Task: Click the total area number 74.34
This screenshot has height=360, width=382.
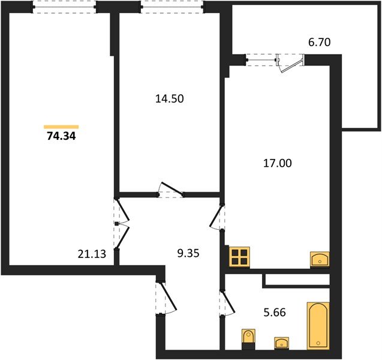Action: pyautogui.click(x=61, y=136)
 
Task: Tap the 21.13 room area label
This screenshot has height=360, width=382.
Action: pyautogui.click(x=92, y=254)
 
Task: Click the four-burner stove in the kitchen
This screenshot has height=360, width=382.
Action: pyautogui.click(x=240, y=257)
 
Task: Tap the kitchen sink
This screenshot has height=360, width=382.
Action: pyautogui.click(x=320, y=260)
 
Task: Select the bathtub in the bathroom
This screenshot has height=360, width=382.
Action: pyautogui.click(x=318, y=326)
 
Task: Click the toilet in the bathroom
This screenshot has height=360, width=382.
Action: pyautogui.click(x=248, y=339)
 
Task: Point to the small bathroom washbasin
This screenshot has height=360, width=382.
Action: pyautogui.click(x=281, y=343)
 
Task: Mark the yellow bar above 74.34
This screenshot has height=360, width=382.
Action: pyautogui.click(x=61, y=127)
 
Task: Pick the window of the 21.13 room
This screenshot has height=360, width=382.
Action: pyautogui.click(x=64, y=7)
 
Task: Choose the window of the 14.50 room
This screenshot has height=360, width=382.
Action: pyautogui.click(x=172, y=7)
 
